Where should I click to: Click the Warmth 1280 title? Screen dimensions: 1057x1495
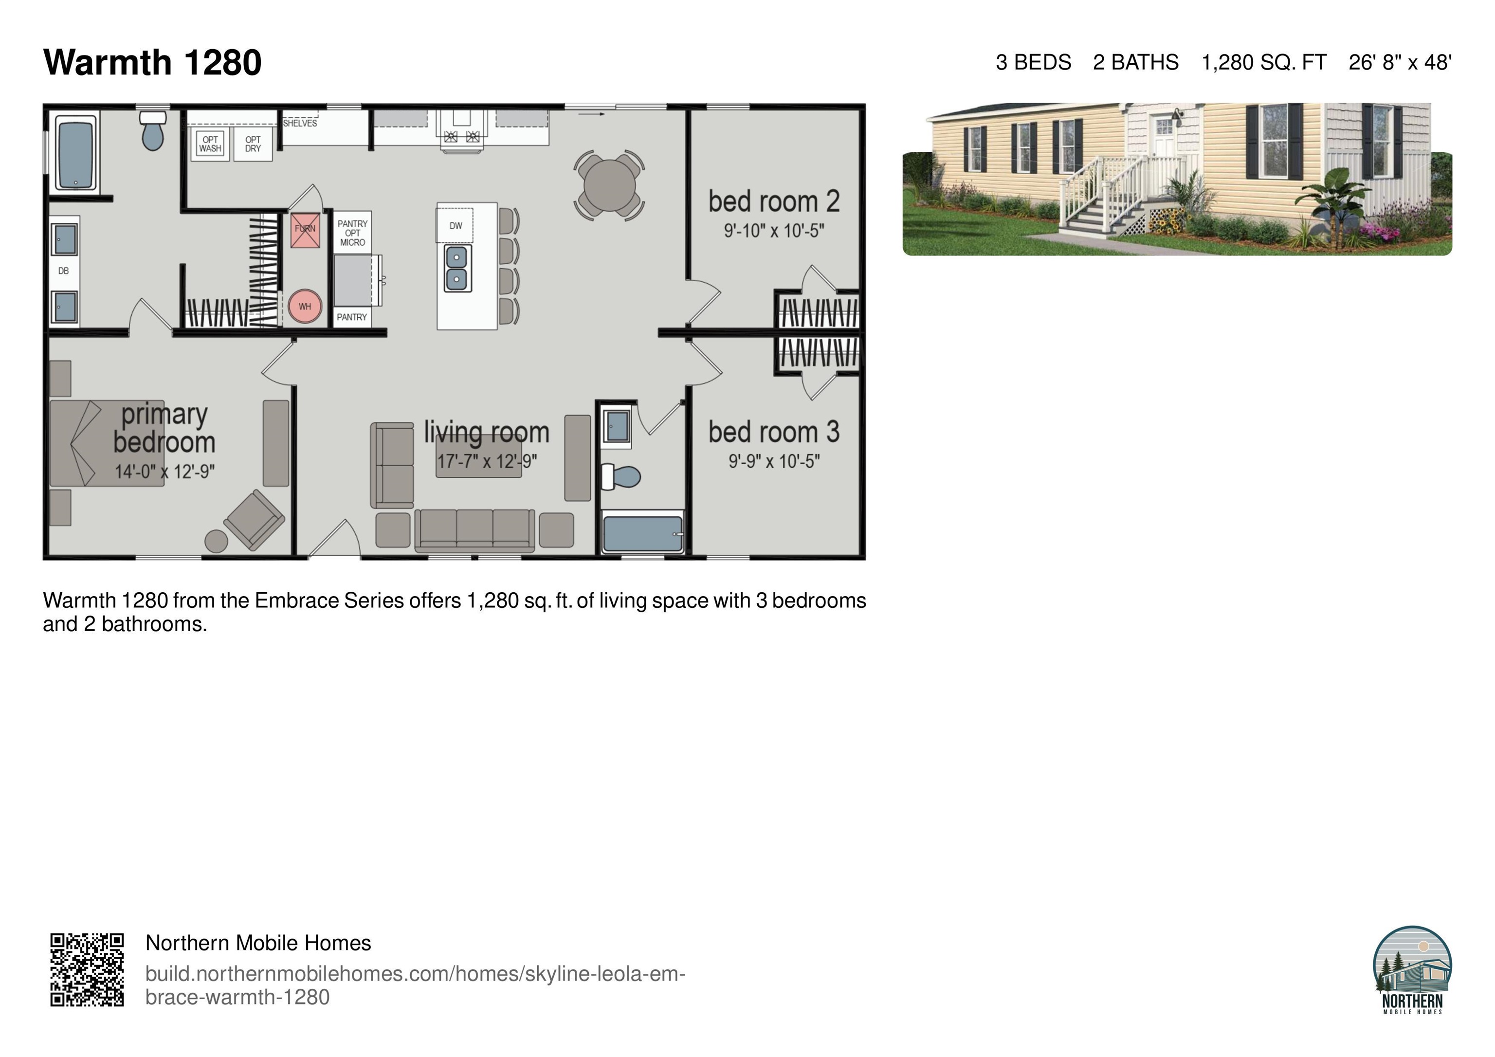pos(152,62)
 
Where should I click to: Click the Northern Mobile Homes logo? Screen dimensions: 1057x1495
pos(1412,970)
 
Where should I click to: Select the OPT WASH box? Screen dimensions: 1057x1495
pos(210,144)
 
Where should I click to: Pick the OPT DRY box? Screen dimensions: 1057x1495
pos(253,144)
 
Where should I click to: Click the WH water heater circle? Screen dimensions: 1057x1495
pos(305,306)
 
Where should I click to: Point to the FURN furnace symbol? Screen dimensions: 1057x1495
pos(305,229)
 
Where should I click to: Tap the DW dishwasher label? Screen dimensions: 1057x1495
pos(456,226)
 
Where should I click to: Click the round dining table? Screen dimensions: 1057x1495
pos(609,185)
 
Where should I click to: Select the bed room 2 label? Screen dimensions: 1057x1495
pos(774,202)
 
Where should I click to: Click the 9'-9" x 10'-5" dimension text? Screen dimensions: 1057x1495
pos(774,462)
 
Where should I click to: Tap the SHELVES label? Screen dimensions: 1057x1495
pos(300,123)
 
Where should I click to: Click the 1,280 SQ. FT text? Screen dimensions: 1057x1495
pos(1263,62)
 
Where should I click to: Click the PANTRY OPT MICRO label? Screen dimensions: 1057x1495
pos(352,233)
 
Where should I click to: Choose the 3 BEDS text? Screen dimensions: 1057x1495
pos(1033,62)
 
